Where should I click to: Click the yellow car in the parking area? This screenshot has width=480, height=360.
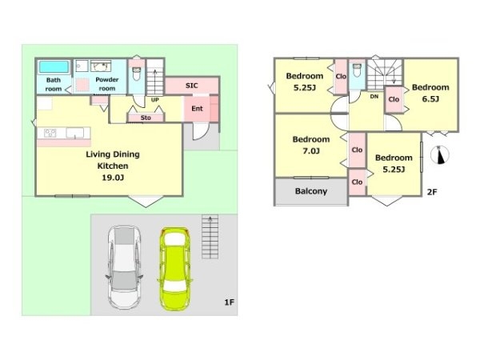(x=174, y=269)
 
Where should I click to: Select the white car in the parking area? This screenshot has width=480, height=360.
(x=124, y=267)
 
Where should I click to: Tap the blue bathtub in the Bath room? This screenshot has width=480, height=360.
(x=54, y=67)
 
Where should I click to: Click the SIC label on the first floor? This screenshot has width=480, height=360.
(x=192, y=86)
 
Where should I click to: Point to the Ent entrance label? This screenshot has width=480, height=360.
(x=197, y=108)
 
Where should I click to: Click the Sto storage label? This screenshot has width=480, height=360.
(x=146, y=118)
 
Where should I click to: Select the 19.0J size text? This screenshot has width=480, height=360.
(x=113, y=178)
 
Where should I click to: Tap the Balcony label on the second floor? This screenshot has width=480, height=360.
(x=311, y=191)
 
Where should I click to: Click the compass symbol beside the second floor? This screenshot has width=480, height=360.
(x=439, y=154)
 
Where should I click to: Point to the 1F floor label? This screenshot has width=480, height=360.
(x=230, y=302)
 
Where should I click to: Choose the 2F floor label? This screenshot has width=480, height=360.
(x=432, y=192)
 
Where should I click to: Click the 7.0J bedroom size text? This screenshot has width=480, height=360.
(x=311, y=151)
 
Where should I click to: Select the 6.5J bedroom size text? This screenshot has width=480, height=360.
(x=430, y=99)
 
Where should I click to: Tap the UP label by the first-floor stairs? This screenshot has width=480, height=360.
(x=155, y=100)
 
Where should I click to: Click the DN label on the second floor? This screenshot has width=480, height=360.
(x=374, y=97)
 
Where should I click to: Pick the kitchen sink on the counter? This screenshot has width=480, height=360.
(x=74, y=133)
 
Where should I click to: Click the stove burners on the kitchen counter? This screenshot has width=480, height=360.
(x=50, y=133)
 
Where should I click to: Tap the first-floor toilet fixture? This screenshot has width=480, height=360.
(x=136, y=74)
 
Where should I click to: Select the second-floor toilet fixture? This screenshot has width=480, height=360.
(x=358, y=70)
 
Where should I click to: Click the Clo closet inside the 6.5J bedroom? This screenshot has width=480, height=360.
(x=394, y=99)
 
